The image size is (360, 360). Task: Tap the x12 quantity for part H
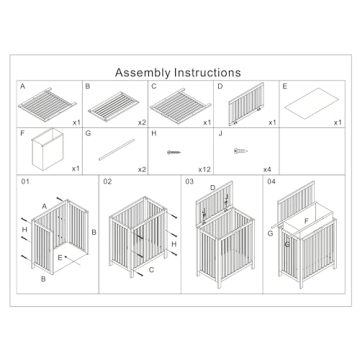tap(204, 170)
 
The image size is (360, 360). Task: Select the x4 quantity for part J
tap(267, 170)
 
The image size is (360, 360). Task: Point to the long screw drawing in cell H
tap(174, 152)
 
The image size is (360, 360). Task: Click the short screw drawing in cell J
tap(241, 151)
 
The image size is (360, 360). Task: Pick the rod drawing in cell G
tap(117, 150)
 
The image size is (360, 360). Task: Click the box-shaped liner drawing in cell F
tap(48, 149)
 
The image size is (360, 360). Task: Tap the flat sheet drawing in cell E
tap(307, 103)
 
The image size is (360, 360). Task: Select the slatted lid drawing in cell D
tap(246, 104)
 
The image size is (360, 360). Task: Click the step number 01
tap(25, 182)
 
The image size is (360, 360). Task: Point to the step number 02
tap(107, 182)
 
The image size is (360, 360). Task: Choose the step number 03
tap(189, 182)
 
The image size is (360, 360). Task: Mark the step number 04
tap(271, 182)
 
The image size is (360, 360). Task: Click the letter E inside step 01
tap(60, 257)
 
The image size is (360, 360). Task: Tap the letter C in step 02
tap(151, 270)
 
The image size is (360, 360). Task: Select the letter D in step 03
tap(213, 188)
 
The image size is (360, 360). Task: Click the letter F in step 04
tap(306, 220)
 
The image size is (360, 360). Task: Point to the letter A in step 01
tap(44, 206)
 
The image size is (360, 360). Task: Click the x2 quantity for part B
tap(142, 123)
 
